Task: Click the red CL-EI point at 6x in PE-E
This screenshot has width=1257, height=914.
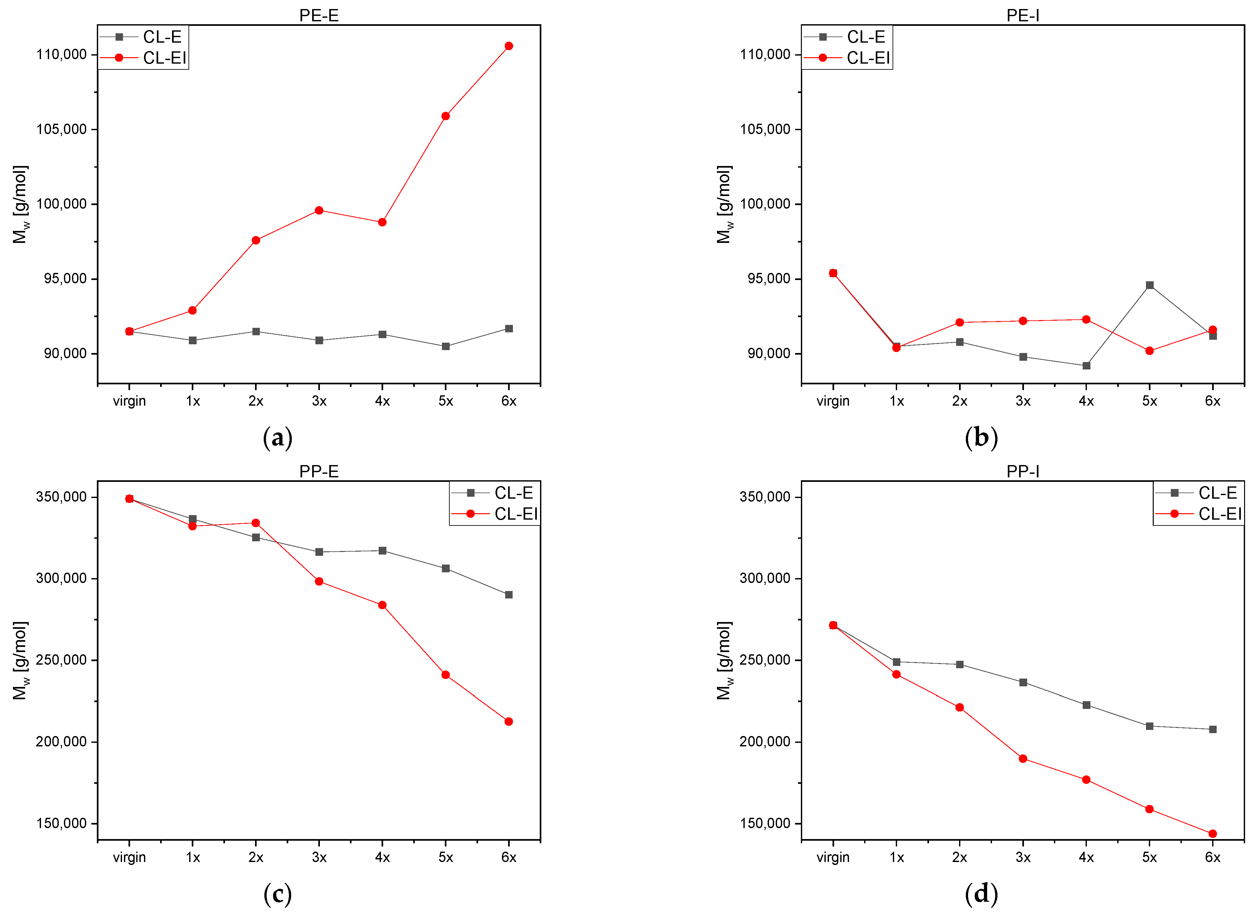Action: point(509,46)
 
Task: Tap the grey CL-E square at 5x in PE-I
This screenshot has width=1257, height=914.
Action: point(1150,285)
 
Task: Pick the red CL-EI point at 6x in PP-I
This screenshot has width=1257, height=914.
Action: point(1213,834)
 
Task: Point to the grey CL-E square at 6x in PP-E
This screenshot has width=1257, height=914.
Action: point(509,595)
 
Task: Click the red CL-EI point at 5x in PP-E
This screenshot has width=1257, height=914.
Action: point(445,675)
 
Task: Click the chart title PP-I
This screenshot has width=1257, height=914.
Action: point(1023,472)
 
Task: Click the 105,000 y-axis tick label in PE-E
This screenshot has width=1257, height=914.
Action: point(62,129)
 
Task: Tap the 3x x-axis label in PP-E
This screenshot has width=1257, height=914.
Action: point(319,857)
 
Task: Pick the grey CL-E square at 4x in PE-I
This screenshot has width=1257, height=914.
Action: point(1086,366)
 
